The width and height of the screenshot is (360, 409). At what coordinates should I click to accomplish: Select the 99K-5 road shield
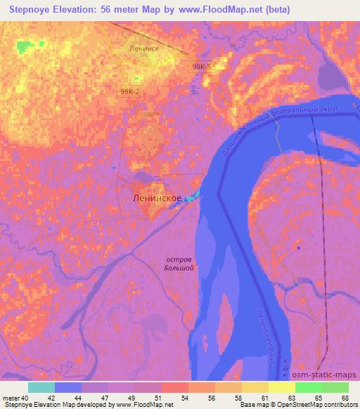(200, 66)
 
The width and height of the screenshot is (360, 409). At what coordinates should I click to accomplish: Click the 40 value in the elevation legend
(25, 398)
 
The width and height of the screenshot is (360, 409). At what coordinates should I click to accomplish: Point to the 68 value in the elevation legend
(344, 398)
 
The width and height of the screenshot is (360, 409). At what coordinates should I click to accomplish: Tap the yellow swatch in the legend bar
(255, 387)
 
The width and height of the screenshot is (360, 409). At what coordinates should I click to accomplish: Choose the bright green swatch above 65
(308, 387)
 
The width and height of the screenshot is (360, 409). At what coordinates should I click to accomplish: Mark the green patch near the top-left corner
(27, 48)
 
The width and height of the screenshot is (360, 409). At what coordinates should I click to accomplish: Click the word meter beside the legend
(11, 398)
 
